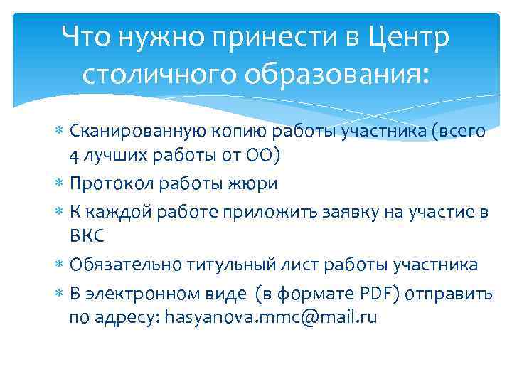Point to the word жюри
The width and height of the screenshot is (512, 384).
click(x=254, y=183)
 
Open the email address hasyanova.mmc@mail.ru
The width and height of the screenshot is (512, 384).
click(x=271, y=317)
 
